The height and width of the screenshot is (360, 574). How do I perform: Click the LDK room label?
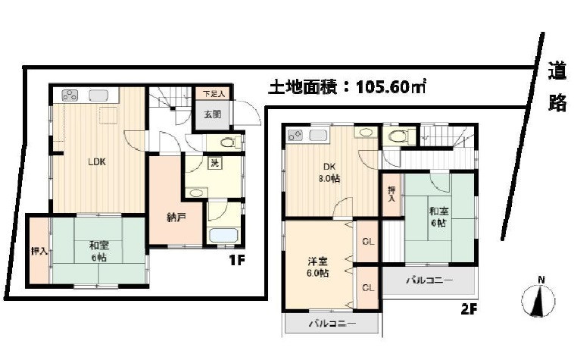click(x=95, y=162)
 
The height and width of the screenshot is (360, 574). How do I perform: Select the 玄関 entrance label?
click(x=211, y=114)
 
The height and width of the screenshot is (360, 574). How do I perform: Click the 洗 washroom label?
click(x=195, y=164)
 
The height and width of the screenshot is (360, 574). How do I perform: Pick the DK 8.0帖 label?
click(x=328, y=172)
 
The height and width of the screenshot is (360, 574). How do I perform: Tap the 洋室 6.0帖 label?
click(x=318, y=267)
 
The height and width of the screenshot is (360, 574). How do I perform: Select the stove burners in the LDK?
click(x=70, y=95)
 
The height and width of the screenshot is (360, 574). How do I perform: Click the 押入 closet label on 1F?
click(x=37, y=251)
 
